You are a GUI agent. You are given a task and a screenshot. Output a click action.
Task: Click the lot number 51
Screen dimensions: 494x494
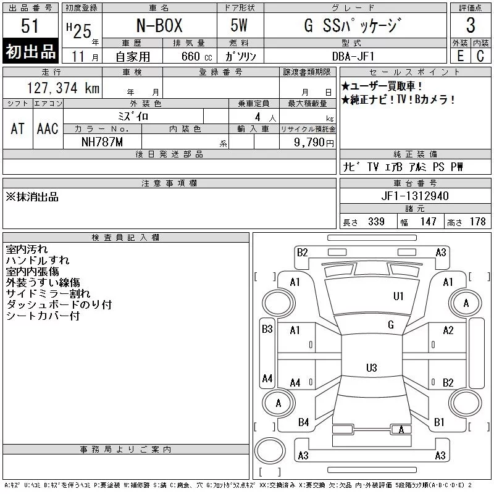(x=30, y=26)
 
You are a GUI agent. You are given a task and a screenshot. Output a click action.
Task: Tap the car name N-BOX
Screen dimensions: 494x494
(x=159, y=25)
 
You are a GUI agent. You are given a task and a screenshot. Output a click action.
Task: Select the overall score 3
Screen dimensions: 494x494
(x=471, y=25)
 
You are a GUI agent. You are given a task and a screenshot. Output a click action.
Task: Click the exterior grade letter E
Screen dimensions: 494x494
(x=460, y=56)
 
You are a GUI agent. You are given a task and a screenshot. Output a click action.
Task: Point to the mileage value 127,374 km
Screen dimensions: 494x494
(x=63, y=88)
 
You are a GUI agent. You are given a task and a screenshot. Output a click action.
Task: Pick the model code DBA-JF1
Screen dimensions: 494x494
(x=353, y=56)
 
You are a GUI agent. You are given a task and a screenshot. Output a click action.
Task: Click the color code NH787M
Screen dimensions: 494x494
(x=102, y=142)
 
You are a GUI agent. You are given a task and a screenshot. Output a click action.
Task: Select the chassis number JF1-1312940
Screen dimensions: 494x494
(x=415, y=196)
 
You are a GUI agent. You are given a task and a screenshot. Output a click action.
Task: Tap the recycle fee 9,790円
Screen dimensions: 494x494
(x=314, y=143)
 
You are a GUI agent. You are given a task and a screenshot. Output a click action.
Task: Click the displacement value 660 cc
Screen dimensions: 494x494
(x=196, y=56)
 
